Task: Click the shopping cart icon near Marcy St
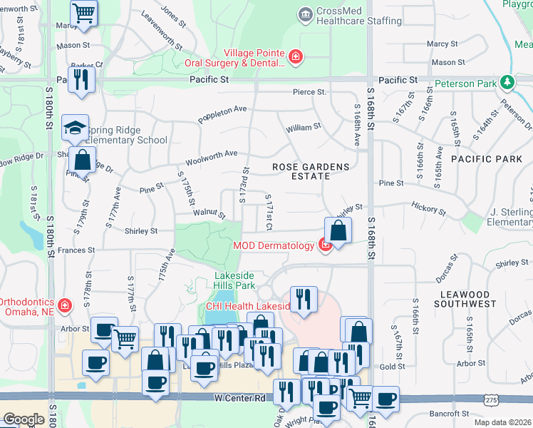pos(84,13)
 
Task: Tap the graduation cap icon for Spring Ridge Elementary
pos(75,128)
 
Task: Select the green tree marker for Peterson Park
pos(507,83)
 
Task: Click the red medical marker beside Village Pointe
pos(294,56)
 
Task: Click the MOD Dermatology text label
pos(273,246)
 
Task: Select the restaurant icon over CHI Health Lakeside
pos(304,299)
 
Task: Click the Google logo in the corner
pos(23,419)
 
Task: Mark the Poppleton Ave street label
pos(222,114)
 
